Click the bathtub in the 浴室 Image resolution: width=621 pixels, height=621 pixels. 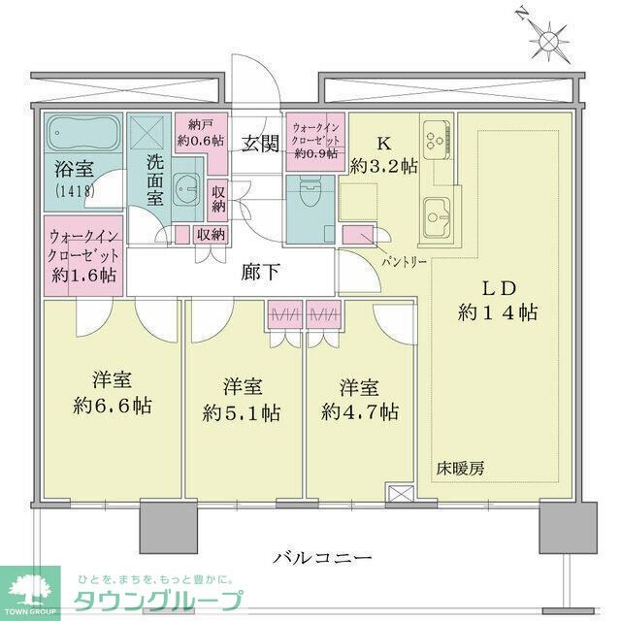(82, 130)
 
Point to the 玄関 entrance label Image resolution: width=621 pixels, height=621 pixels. (260, 146)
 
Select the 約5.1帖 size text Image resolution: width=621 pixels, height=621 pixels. (244, 411)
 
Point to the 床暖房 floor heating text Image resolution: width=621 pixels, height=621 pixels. (461, 468)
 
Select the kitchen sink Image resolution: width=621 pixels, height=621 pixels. (437, 210)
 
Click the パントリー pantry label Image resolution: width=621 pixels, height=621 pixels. (401, 262)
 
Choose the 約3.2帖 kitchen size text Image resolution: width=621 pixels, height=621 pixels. (384, 166)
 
